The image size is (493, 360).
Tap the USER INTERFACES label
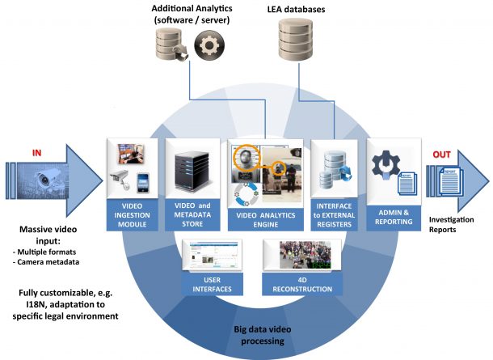click(x=206, y=285)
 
